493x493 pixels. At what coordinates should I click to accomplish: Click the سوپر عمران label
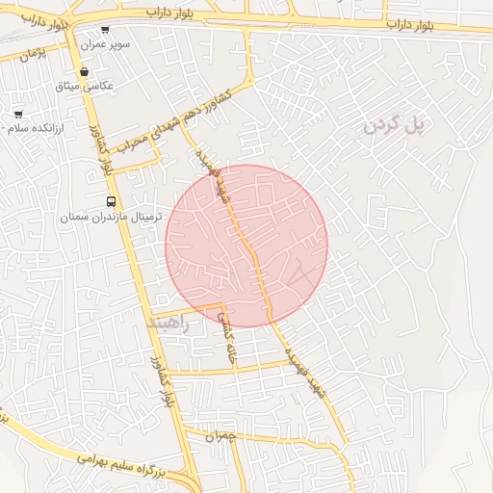105,45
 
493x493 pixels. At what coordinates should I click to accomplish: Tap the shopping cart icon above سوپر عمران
105,30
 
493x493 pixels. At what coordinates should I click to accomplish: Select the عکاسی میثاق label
86,86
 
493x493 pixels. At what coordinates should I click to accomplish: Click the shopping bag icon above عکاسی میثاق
85,71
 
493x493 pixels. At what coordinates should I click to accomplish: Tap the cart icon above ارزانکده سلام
18,114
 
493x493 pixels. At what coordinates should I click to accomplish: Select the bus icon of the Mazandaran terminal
111,202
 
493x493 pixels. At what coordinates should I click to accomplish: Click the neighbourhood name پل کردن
394,124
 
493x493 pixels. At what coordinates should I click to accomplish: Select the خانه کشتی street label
227,339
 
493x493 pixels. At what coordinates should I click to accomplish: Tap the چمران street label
221,436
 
